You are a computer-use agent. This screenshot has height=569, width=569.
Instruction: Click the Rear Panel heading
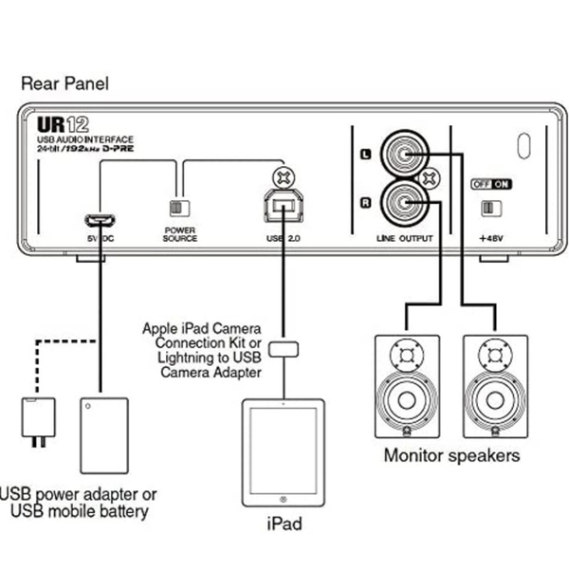(64, 83)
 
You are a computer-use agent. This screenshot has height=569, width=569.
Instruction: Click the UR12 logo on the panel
(63, 124)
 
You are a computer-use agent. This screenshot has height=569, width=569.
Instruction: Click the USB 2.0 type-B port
(282, 206)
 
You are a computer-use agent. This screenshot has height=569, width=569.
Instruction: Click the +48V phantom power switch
(491, 208)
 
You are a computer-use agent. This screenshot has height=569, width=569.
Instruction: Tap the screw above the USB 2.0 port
(282, 175)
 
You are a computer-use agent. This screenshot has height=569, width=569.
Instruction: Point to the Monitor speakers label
(451, 455)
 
